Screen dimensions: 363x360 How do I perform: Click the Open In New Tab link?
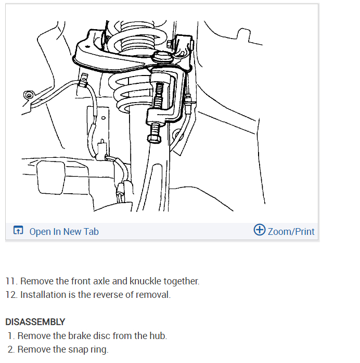pos(64,231)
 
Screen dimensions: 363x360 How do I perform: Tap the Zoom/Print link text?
pos(291,231)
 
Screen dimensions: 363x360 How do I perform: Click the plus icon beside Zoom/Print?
pos(259,230)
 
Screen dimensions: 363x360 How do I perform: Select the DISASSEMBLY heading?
pos(35,322)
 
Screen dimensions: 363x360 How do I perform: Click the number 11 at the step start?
pos(10,281)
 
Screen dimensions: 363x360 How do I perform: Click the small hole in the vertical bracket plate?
pos(104,119)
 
